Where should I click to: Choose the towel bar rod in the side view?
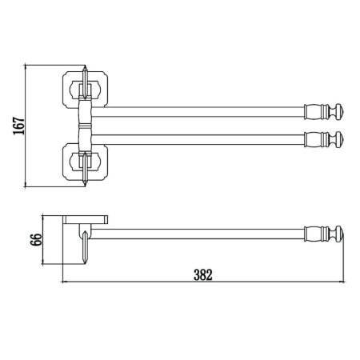point(200,234)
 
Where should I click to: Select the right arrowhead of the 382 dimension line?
point(342,282)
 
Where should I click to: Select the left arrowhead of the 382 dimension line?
point(63,282)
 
